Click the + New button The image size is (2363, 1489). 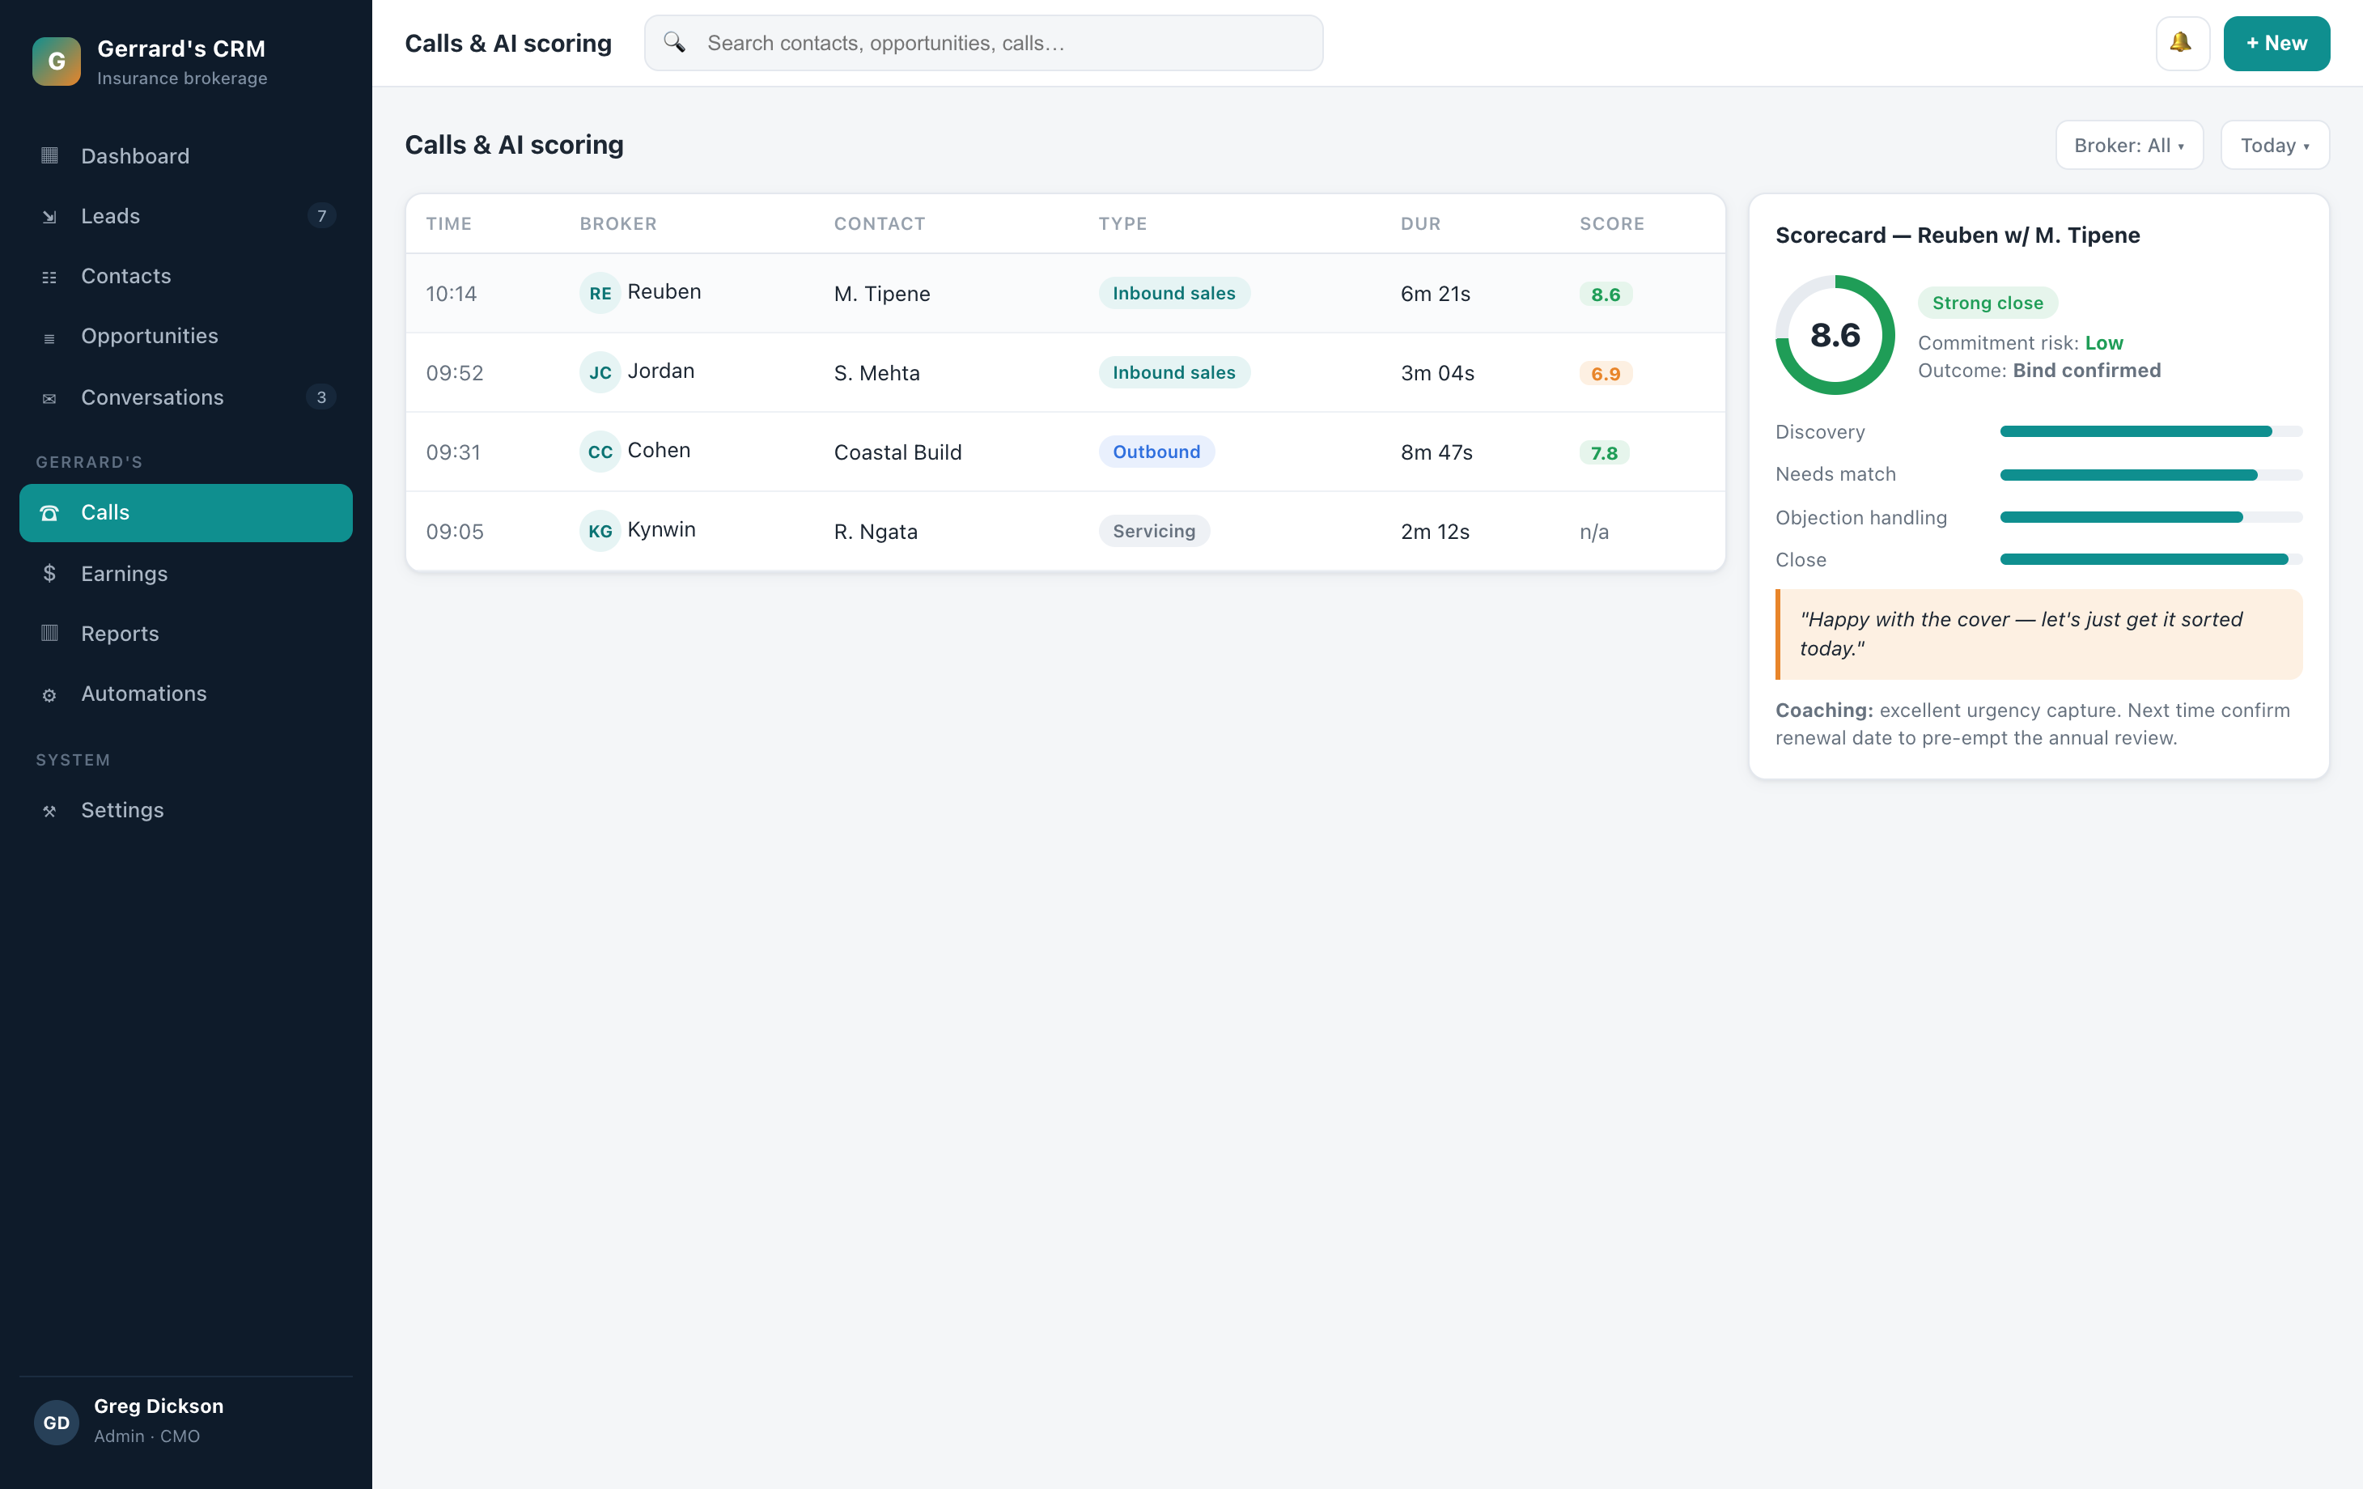[x=2276, y=43]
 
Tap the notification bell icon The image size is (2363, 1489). [x=2182, y=43]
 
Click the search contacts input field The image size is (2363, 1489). [x=983, y=43]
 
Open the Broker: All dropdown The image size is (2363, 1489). [x=2129, y=146]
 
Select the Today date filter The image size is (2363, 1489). [x=2275, y=146]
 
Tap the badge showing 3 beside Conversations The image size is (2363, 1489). [x=321, y=397]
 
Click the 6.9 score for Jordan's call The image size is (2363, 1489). [x=1606, y=374]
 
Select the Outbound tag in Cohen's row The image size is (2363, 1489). [x=1156, y=452]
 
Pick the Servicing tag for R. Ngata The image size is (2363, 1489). [x=1154, y=531]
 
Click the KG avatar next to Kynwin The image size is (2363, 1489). [x=600, y=531]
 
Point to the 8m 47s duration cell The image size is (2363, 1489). [x=1436, y=452]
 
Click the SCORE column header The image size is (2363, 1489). [x=1611, y=224]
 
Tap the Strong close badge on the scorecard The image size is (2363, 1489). [x=1988, y=303]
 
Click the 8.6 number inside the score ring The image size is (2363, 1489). [x=1834, y=335]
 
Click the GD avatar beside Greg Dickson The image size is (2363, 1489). [x=56, y=1423]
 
